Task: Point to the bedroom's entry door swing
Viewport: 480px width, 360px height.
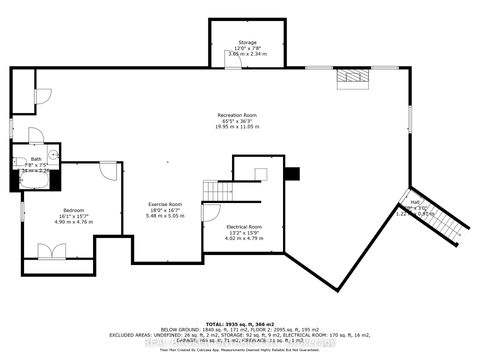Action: coord(105,171)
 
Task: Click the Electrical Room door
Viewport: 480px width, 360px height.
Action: coord(211,211)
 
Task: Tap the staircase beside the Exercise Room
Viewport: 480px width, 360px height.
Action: coord(217,189)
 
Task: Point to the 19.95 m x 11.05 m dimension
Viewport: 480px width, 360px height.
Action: coord(239,129)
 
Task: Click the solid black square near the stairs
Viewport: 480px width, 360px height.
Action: coord(290,173)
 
